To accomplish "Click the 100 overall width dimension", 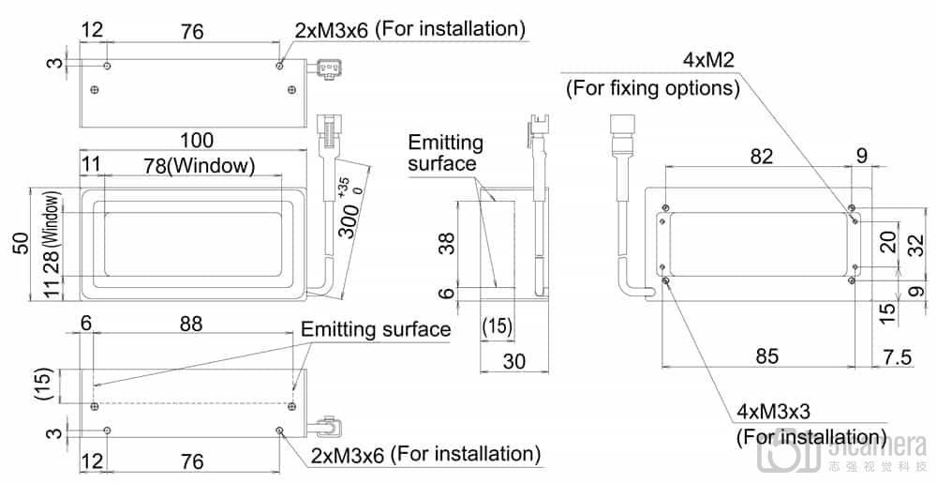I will click(x=196, y=141).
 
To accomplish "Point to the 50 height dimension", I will click(x=21, y=243).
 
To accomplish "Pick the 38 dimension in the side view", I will click(x=447, y=245).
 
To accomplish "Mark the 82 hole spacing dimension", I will click(x=761, y=156).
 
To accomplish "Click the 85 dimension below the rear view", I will click(x=766, y=355).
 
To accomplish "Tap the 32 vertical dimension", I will click(x=915, y=246).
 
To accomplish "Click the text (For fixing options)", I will click(x=652, y=89).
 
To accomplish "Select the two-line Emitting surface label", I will click(x=445, y=153).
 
